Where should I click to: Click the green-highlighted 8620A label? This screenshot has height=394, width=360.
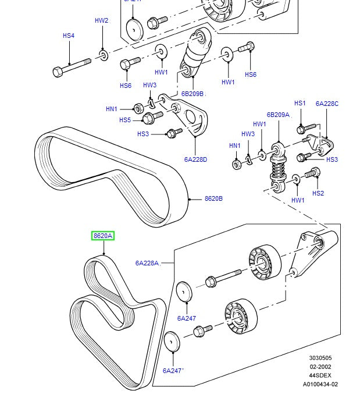[103, 236]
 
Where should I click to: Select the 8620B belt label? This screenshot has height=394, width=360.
[213, 198]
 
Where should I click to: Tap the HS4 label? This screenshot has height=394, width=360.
[69, 36]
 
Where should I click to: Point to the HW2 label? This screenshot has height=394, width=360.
[101, 21]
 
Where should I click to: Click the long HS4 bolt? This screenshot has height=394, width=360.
[73, 66]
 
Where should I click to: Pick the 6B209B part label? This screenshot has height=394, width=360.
[192, 94]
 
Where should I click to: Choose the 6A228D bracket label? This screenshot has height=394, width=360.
[196, 159]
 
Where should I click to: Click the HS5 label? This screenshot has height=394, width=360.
[125, 120]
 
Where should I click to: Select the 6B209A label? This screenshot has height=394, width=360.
[278, 115]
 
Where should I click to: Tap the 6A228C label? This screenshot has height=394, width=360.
[327, 104]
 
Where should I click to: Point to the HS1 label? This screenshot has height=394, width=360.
[300, 104]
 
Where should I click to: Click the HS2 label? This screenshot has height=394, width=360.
[318, 193]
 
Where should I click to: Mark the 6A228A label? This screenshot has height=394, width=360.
[147, 263]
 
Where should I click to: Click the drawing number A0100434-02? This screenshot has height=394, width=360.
[320, 384]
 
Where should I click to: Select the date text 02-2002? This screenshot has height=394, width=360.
[320, 367]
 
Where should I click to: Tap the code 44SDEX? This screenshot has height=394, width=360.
[320, 375]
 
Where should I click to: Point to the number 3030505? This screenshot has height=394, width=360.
[320, 358]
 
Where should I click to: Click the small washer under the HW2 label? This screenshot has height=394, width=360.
[103, 55]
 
